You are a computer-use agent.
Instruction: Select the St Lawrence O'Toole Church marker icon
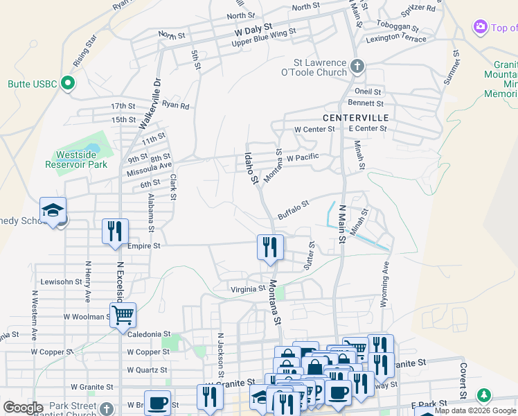[x=357, y=67]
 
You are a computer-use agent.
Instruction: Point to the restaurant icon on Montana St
[x=270, y=247]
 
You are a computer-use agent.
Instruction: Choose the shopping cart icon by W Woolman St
[x=123, y=315]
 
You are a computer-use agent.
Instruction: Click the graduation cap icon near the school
[x=53, y=210]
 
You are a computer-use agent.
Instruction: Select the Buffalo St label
[x=293, y=207]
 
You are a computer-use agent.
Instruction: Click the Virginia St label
[x=249, y=288]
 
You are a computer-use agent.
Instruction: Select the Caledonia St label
[x=149, y=334]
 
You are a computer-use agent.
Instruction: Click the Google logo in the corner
[x=23, y=408]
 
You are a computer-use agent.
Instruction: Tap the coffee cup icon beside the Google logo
[x=158, y=403]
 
